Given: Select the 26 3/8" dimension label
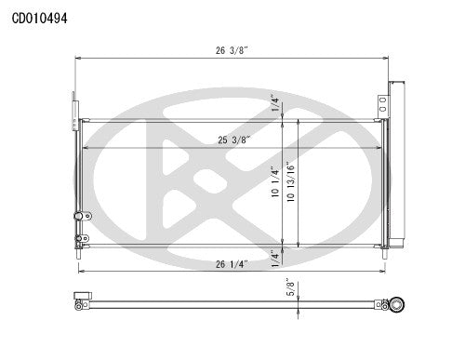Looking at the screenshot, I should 233,51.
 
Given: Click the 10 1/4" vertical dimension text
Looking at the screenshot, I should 276,183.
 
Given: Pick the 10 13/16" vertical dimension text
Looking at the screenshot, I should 293,183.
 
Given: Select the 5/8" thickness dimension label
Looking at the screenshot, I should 291,290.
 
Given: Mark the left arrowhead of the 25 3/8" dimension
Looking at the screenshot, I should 86,148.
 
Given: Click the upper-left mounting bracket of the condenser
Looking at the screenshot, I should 73,104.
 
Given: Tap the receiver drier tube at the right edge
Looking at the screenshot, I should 395,167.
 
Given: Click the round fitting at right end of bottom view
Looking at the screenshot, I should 398,303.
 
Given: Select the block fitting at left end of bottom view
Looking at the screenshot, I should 81,301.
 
